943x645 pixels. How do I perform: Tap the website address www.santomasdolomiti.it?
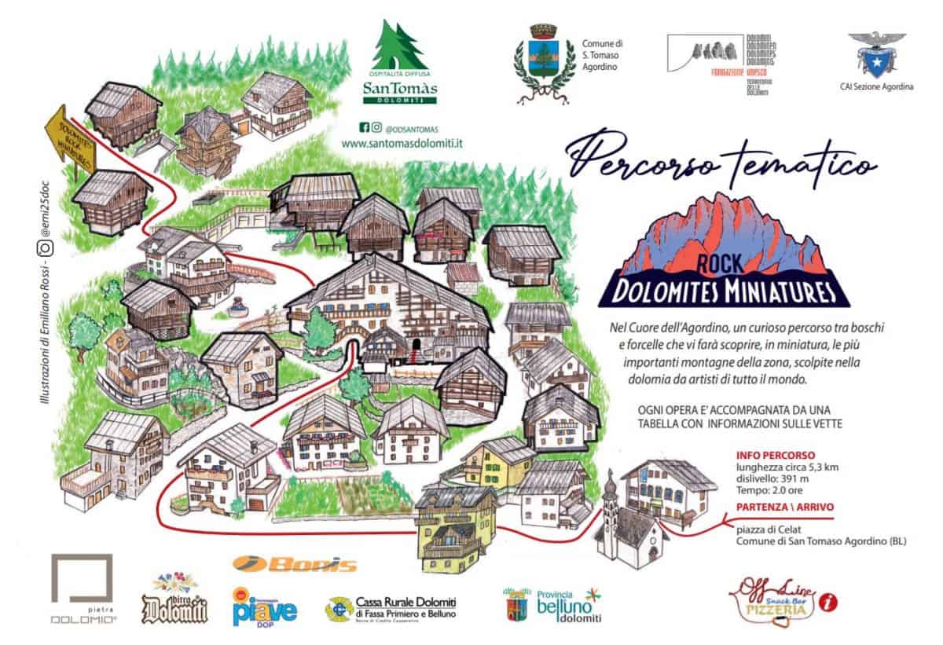tap(402, 144)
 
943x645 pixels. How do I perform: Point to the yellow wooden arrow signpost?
tap(71, 142)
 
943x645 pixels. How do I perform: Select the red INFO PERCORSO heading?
tap(776, 455)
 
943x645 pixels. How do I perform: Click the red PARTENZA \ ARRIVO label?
tap(783, 507)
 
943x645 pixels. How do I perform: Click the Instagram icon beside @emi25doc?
tap(46, 249)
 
